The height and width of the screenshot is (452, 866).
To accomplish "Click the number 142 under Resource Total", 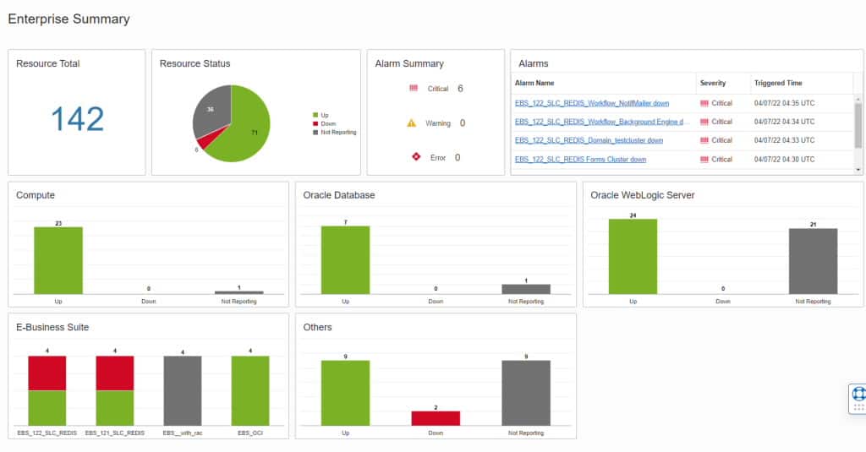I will (77, 119).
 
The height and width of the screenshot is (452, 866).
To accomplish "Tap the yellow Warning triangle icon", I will (412, 123).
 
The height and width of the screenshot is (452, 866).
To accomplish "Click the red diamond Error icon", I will (414, 157).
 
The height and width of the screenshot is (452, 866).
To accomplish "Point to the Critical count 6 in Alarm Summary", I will (460, 89).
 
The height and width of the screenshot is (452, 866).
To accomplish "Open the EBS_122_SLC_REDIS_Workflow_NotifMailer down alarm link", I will (591, 103).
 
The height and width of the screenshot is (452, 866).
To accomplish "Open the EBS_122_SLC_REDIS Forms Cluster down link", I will (580, 159).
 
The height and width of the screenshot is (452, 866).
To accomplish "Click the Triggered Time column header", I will (778, 83).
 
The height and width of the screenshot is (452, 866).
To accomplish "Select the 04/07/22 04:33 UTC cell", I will (784, 140).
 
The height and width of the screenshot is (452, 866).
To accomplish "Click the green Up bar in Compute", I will (58, 260).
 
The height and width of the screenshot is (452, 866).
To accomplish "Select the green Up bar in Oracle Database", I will (345, 259).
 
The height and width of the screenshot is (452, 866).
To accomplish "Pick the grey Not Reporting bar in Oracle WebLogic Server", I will (813, 261).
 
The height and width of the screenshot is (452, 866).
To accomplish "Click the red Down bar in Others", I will (436, 418).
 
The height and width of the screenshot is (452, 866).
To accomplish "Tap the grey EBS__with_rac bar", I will (183, 390).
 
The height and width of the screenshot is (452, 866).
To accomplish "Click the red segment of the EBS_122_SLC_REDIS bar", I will (47, 373).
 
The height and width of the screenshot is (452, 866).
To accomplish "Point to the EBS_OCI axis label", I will (249, 433).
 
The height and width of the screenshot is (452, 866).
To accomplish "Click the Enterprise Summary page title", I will (69, 19).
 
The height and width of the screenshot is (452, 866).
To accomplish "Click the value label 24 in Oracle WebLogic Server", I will (633, 215).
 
